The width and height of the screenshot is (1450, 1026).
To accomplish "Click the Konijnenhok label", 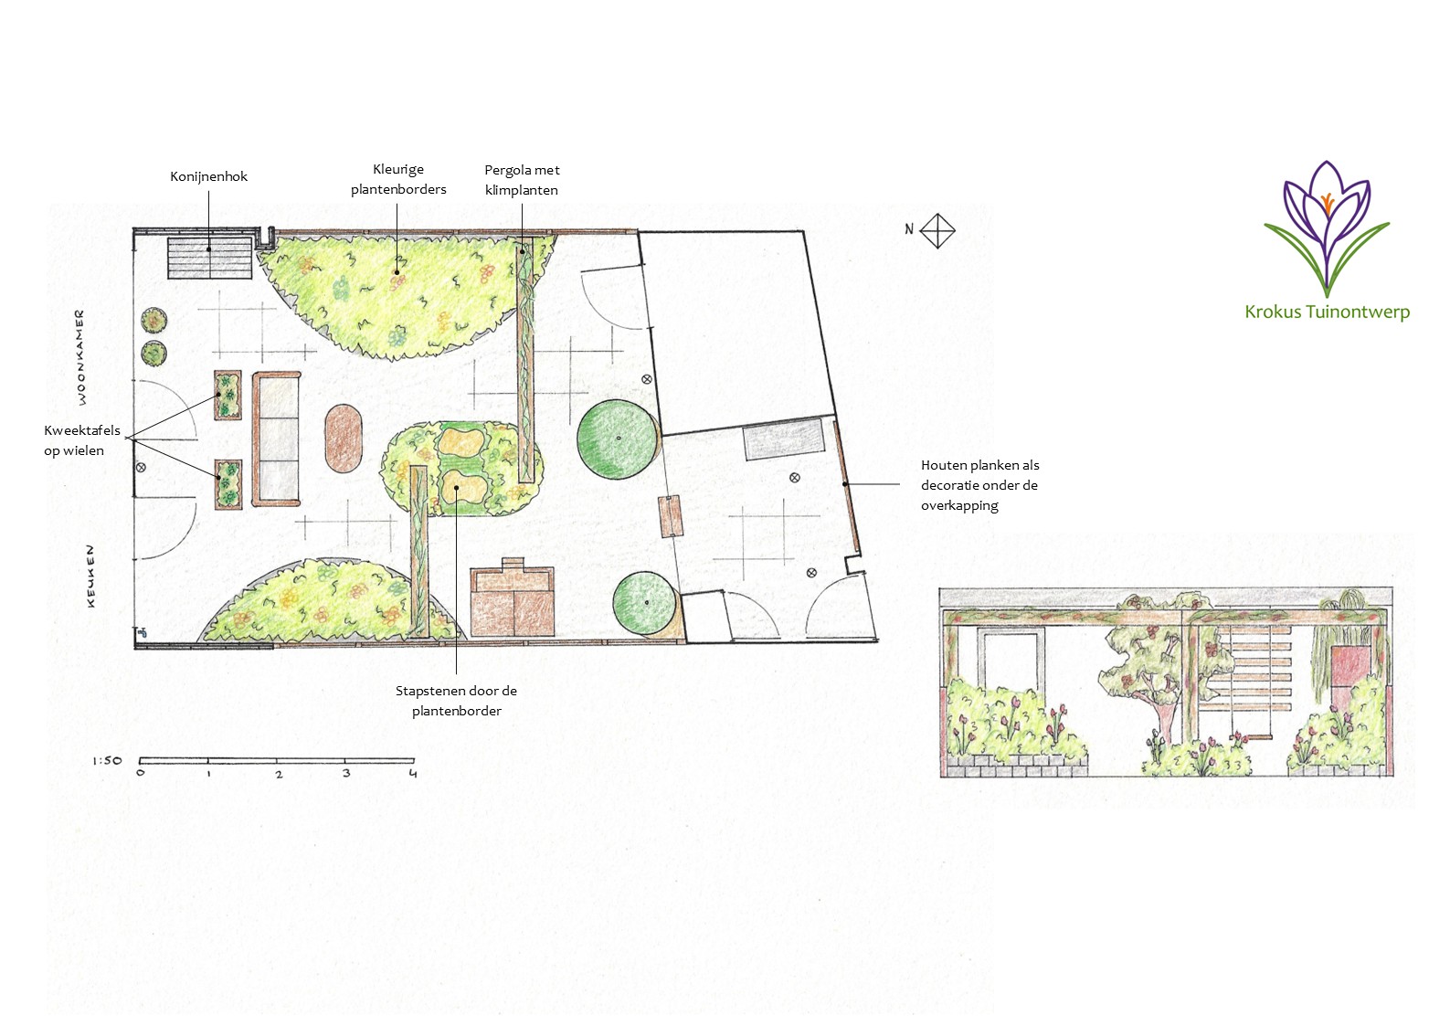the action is point(208,176).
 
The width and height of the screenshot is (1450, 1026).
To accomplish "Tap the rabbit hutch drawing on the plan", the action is point(210,259).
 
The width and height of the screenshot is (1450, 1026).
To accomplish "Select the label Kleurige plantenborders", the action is point(398,179).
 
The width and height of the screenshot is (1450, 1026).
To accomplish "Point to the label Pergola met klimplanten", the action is point(522,180).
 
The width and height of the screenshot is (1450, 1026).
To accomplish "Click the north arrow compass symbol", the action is point(937,231).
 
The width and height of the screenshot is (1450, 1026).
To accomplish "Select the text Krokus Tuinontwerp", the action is point(1327,312).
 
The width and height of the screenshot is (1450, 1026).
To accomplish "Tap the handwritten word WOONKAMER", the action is point(81,357).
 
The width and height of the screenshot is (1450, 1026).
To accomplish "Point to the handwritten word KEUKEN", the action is point(90,576).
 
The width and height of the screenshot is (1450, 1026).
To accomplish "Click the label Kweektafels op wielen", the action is point(82,440).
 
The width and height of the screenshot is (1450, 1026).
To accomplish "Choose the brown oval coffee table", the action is point(343,439).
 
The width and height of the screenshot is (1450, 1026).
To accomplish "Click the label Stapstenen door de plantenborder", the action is point(456,701).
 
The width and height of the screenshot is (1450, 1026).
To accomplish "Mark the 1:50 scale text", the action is point(107,760).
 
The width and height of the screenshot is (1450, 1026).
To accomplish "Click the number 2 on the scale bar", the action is point(279,774).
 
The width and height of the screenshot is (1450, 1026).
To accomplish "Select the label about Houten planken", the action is point(980,485).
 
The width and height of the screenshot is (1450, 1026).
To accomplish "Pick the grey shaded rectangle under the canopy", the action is point(784,439).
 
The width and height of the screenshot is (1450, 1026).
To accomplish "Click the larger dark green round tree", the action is point(617,439).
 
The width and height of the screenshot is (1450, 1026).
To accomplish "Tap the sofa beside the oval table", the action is point(277,439).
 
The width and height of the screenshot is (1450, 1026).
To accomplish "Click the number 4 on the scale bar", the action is point(413,774).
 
